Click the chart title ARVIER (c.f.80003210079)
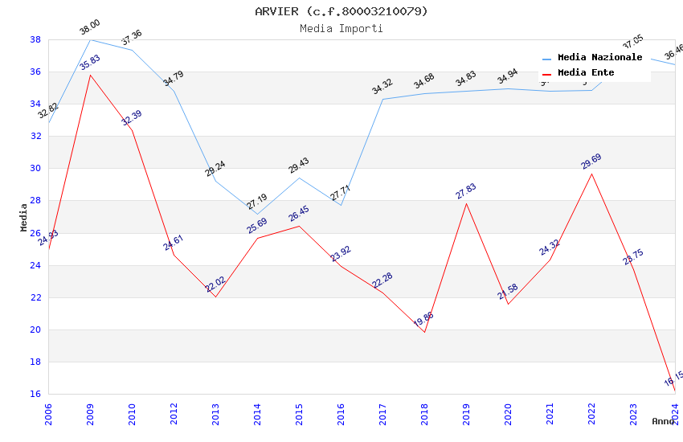coord(341,11)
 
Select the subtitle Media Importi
coord(341,28)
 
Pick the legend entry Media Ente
coord(586,72)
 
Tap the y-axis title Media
coord(23,217)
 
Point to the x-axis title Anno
coord(663,421)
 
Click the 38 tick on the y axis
coord(35,39)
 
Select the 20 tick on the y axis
coord(35,329)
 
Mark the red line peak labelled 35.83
coord(90,75)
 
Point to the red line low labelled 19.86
coord(424,332)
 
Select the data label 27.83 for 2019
coord(466,191)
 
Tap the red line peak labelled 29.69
coord(591,174)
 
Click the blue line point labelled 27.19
coord(257,215)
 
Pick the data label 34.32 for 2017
coord(382,86)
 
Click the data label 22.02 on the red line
coord(215,284)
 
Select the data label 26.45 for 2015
coord(299,213)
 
